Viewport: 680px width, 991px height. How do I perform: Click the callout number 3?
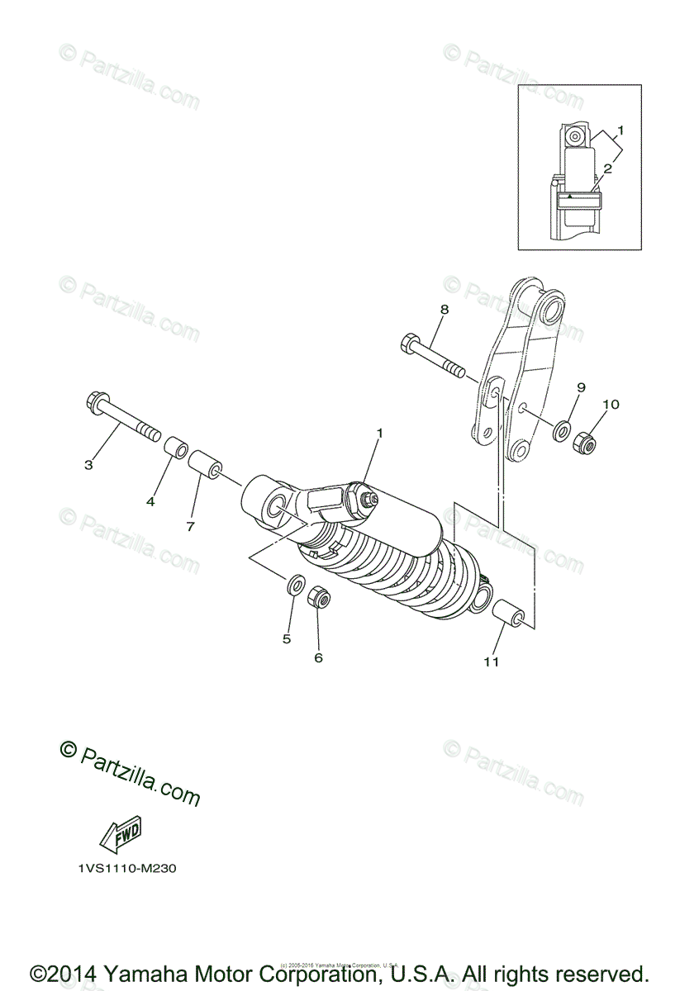point(88,465)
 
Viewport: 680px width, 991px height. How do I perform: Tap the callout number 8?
point(444,309)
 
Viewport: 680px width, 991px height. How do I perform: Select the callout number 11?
point(492,661)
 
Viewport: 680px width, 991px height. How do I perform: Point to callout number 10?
point(611,405)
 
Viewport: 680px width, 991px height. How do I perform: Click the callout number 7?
point(190,525)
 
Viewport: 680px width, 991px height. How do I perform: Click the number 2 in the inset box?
point(607,168)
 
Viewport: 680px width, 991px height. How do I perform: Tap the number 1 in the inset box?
point(620,130)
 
